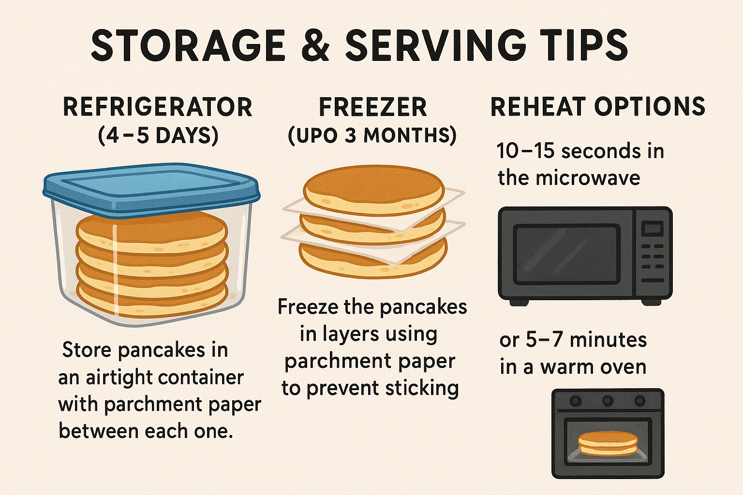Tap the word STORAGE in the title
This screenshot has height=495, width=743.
[x=188, y=45]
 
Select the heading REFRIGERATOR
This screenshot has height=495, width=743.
[x=158, y=107]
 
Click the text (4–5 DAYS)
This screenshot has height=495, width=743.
[x=158, y=135]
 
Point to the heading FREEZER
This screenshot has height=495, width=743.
[x=373, y=107]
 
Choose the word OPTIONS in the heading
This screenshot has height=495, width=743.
[x=650, y=107]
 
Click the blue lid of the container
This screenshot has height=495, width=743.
[x=151, y=189]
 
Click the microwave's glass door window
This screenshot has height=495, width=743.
[x=566, y=254]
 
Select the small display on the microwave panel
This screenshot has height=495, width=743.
[x=652, y=229]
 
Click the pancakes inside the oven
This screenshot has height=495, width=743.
[x=608, y=444]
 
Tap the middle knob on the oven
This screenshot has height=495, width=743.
[x=608, y=401]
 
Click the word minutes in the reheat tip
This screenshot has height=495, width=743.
[x=609, y=340]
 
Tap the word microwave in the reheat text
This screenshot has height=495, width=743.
[x=588, y=178]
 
